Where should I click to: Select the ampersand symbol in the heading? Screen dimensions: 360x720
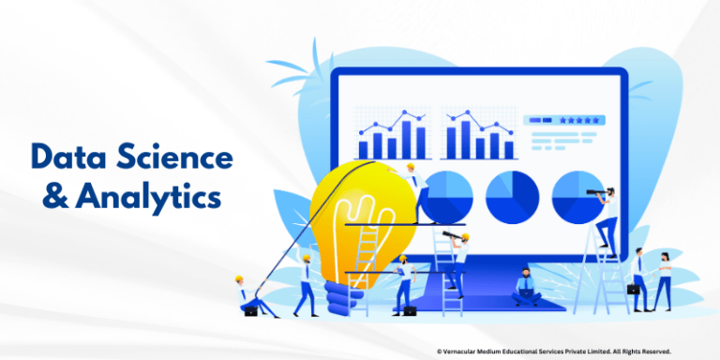[x=44, y=198]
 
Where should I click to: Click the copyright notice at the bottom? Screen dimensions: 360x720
[x=553, y=351]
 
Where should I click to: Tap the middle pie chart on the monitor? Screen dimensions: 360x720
[x=512, y=196]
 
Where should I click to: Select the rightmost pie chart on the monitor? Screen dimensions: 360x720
[x=575, y=196]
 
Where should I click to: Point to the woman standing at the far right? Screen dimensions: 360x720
[x=663, y=278]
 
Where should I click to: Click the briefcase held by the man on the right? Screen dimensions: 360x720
[x=634, y=291]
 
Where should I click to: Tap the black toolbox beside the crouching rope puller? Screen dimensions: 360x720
[x=250, y=310]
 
